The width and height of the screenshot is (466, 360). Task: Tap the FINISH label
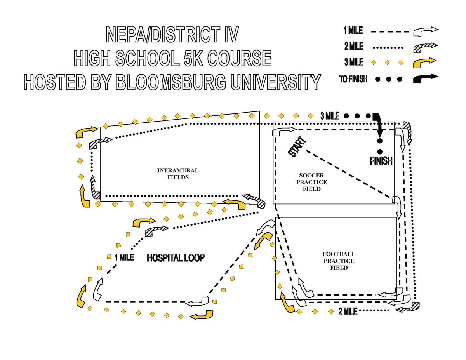coord(381,160)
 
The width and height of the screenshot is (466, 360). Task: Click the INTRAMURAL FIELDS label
coord(178,174)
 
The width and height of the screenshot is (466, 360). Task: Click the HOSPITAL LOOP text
coord(176,258)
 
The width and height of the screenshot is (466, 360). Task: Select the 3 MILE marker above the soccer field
coord(330,116)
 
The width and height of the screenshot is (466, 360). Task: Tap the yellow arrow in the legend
coord(426,62)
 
